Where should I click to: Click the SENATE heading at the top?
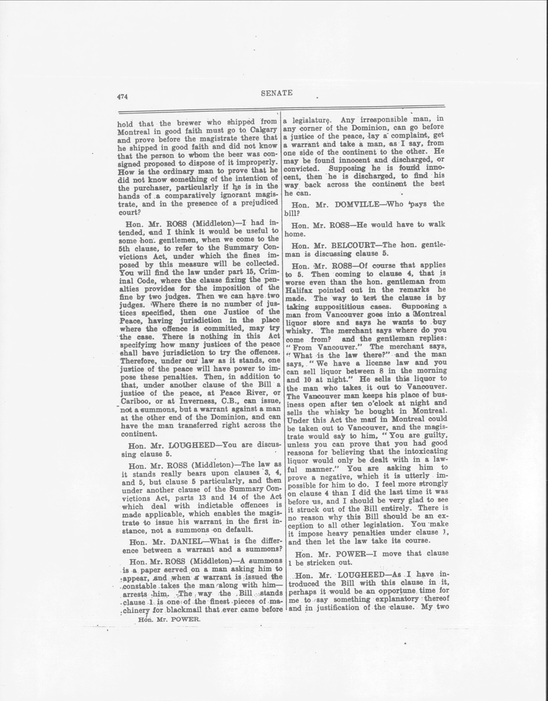point(276,93)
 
